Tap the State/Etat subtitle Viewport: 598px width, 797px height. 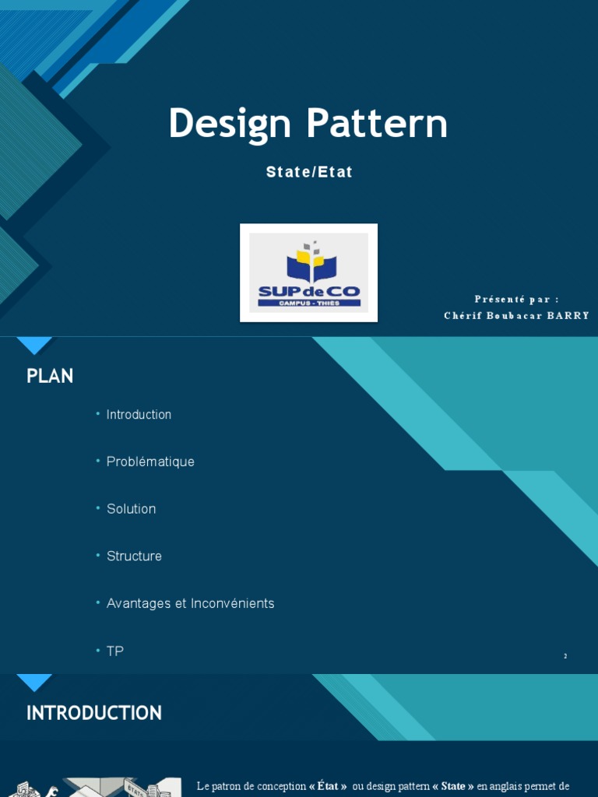click(x=309, y=172)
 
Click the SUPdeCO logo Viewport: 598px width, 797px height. click(x=309, y=272)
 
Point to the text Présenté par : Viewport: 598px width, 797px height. click(x=517, y=300)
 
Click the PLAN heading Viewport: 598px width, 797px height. click(x=50, y=376)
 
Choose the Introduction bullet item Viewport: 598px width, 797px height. click(x=139, y=415)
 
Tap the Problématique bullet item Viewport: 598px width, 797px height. click(x=150, y=462)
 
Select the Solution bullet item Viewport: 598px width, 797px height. click(x=131, y=509)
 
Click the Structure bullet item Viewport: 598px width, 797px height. click(x=134, y=556)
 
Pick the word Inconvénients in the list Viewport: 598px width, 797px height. click(x=234, y=603)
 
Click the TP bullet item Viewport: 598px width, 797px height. click(x=115, y=651)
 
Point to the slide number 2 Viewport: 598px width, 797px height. click(x=565, y=656)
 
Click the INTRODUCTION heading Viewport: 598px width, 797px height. click(x=94, y=713)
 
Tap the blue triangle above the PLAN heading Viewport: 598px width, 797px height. click(x=34, y=344)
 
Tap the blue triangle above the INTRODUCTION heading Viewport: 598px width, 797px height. click(x=34, y=681)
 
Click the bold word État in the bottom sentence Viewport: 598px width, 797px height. click(x=327, y=786)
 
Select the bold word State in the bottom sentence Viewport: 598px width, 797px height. click(x=453, y=786)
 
